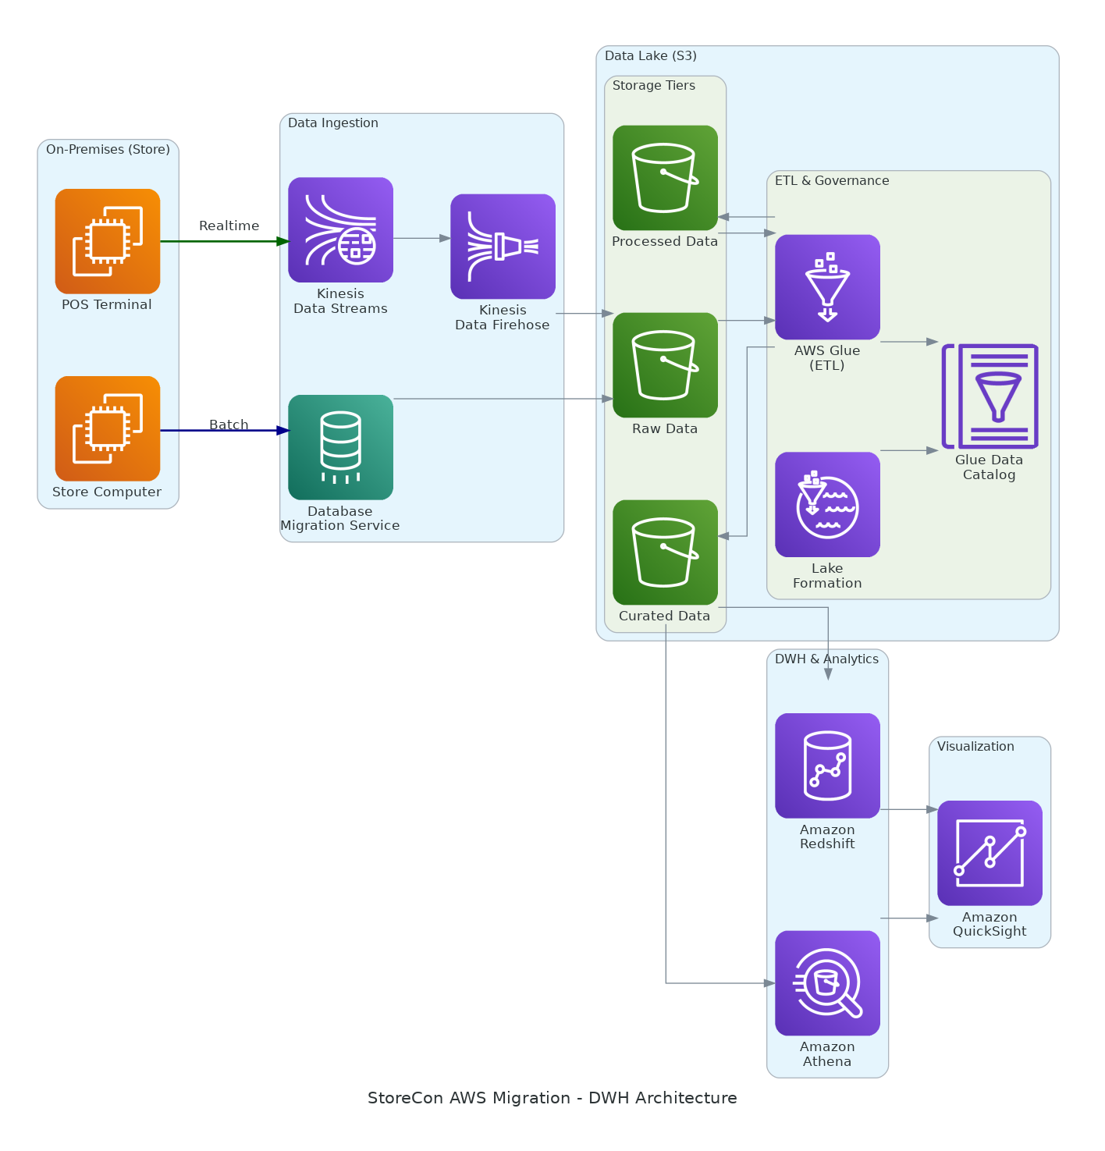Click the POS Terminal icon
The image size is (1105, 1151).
108,241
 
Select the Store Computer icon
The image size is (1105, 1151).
108,428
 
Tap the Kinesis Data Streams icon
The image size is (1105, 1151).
340,229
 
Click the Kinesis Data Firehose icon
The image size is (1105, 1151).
503,247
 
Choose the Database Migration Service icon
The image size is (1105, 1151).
340,447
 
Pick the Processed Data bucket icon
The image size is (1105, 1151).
665,178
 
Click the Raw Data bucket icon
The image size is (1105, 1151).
665,365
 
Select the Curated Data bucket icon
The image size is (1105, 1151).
665,552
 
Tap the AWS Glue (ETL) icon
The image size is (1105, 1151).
827,287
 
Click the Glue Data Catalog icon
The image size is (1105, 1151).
990,396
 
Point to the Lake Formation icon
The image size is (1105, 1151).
827,505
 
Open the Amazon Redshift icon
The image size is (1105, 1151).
827,766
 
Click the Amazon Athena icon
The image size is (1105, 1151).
827,983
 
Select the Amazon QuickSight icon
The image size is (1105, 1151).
990,853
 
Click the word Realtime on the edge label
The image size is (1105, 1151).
229,226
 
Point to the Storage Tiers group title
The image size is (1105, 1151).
653,86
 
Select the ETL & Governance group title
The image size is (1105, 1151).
832,181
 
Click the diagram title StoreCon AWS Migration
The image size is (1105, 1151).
552,1098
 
